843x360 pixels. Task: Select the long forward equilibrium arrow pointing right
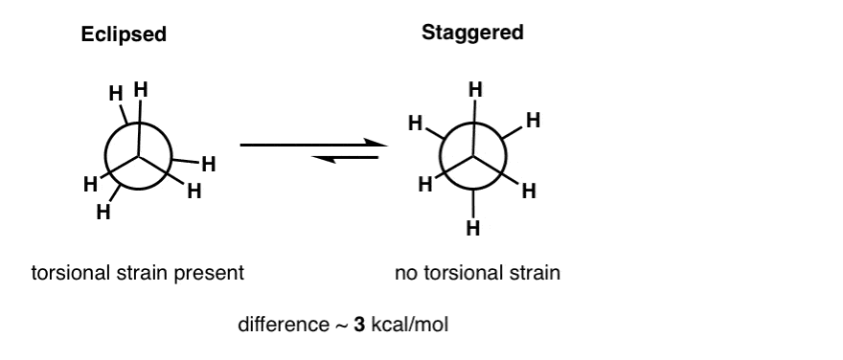[312, 146]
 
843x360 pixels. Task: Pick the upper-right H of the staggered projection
[534, 122]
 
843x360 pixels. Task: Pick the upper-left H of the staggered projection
[416, 124]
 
